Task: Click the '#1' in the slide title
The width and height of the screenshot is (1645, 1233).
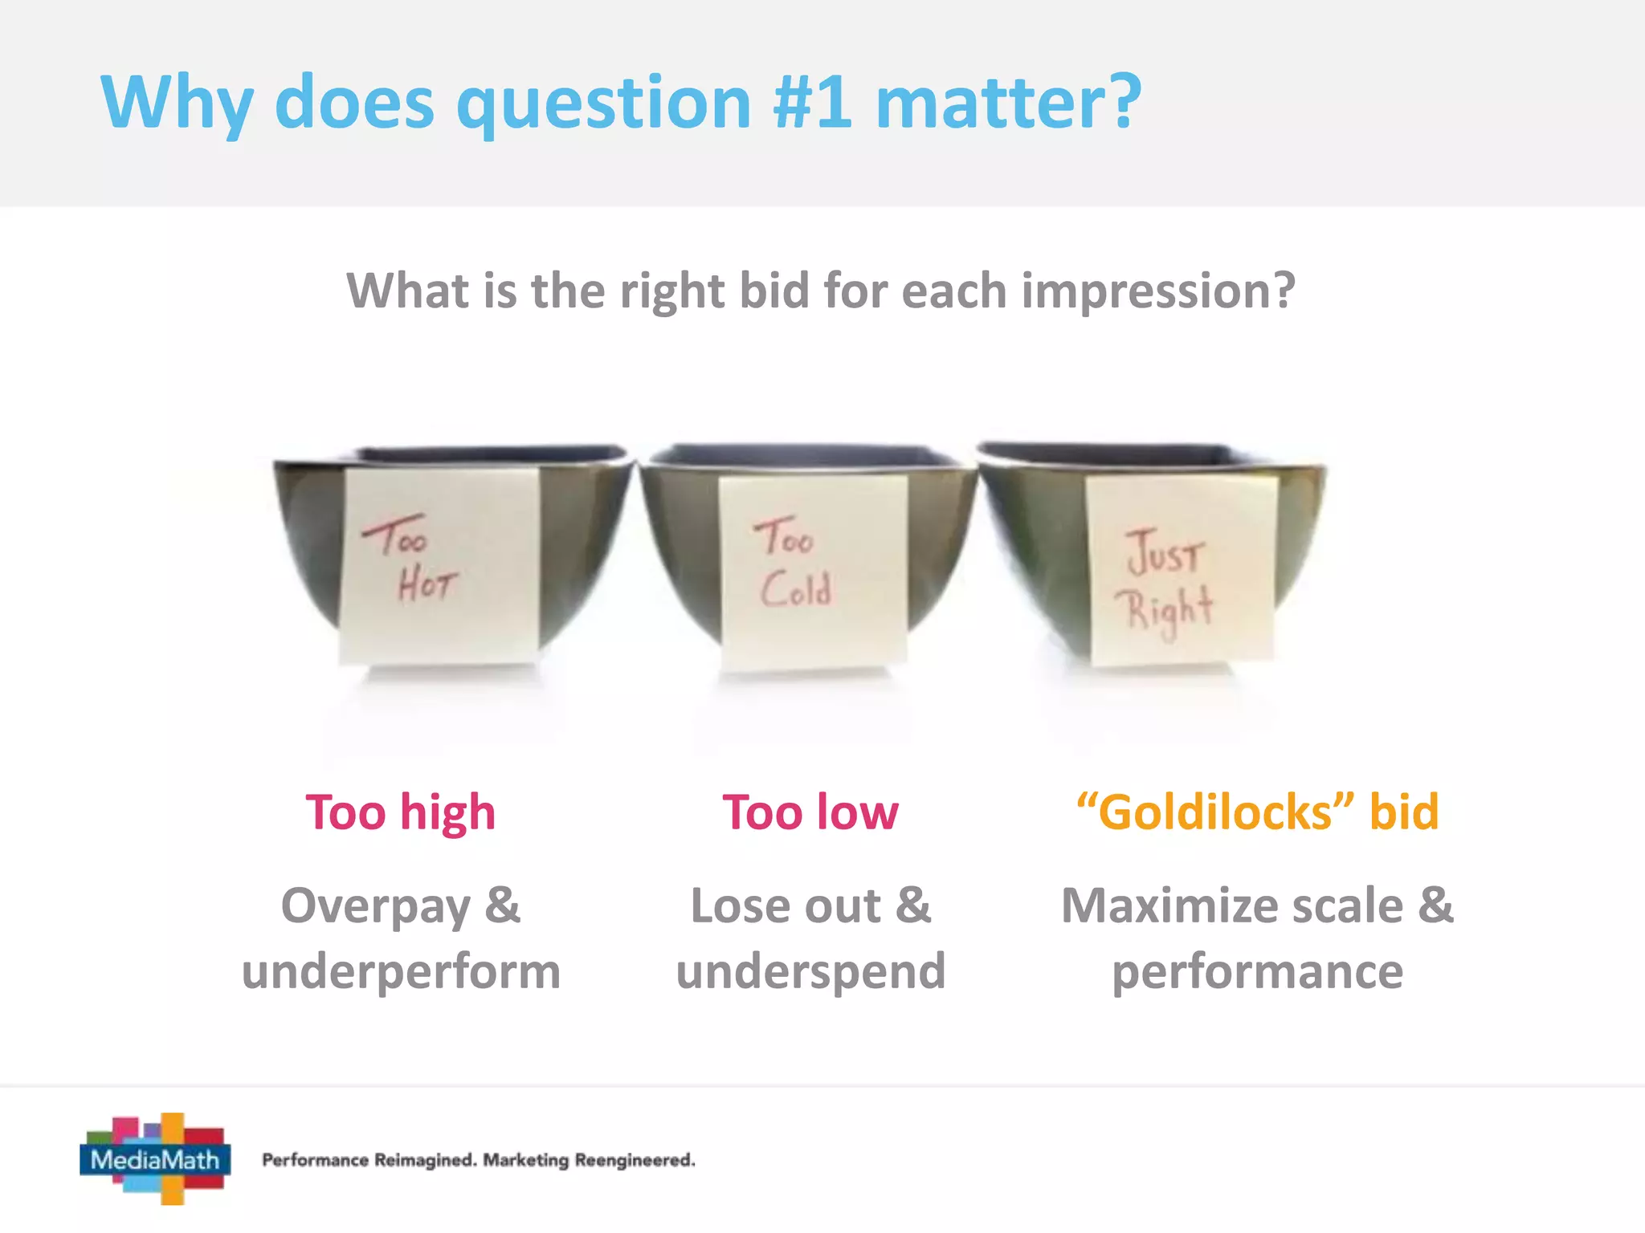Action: tap(812, 102)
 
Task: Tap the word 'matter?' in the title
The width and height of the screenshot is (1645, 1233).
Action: tap(1008, 102)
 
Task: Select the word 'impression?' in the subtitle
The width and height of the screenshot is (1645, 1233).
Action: tap(1157, 291)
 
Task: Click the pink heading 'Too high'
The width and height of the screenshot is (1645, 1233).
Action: tap(401, 812)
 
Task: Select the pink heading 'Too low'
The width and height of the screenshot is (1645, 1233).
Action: tap(810, 812)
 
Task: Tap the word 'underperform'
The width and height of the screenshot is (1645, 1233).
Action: tap(401, 972)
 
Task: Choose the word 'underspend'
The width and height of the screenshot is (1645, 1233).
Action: tap(810, 972)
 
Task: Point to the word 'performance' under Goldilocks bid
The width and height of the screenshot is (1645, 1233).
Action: tap(1257, 972)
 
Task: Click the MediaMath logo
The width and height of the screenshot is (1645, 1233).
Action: tap(155, 1158)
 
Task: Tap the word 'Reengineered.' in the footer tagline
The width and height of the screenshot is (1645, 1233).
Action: tap(635, 1160)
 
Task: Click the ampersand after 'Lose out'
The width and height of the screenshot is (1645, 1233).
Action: tap(913, 905)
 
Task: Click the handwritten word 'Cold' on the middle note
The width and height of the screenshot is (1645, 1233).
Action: tap(796, 590)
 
